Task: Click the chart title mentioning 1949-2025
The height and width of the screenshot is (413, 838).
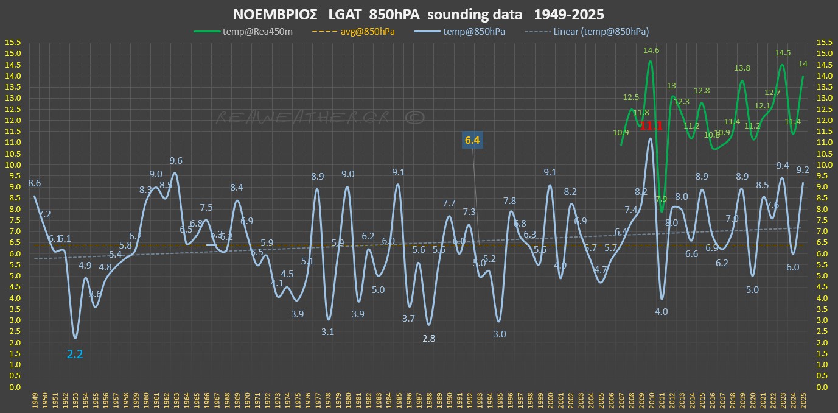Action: pos(419,14)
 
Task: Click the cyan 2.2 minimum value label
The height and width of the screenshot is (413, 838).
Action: pos(74,353)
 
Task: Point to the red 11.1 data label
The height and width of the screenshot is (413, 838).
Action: pos(651,125)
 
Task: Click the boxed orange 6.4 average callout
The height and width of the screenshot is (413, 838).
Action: pos(472,141)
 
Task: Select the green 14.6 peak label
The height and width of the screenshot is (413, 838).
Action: pos(651,51)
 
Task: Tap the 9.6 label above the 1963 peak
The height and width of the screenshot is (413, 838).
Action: pos(176,161)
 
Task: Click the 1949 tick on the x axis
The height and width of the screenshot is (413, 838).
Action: pos(35,400)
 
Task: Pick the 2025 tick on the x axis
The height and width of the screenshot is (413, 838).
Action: pos(803,400)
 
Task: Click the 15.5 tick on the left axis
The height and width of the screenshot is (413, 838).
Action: pos(12,43)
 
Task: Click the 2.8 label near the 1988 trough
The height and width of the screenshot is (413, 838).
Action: pos(428,339)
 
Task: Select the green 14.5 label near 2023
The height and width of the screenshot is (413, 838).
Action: pos(783,53)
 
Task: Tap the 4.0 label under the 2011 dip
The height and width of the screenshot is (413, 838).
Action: pos(662,312)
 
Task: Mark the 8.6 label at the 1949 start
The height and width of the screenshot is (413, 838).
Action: pos(34,183)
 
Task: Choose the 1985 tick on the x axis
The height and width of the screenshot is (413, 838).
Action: pos(398,400)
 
